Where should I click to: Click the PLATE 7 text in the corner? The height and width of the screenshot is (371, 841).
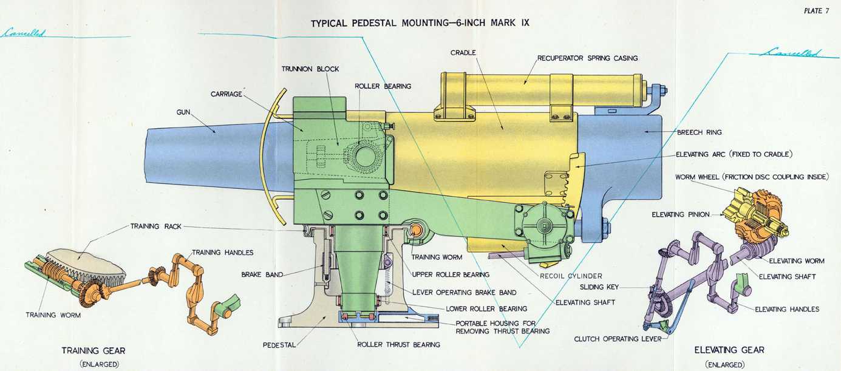(x=816, y=10)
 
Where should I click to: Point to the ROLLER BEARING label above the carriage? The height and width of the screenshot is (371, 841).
(x=383, y=86)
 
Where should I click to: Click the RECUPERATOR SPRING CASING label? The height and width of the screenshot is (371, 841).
(x=587, y=58)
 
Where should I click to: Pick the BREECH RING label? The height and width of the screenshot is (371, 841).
(x=700, y=132)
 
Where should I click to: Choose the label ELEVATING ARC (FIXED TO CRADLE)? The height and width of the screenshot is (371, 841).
(x=734, y=154)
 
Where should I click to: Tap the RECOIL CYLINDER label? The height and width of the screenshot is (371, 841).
(x=571, y=275)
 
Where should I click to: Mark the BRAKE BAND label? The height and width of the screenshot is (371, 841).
(x=262, y=274)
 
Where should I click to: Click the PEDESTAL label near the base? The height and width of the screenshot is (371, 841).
(x=279, y=345)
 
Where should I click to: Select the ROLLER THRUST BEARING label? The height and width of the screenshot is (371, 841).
(x=398, y=345)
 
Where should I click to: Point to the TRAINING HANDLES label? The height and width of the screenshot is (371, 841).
(x=223, y=252)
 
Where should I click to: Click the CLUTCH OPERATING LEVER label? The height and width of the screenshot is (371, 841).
(x=618, y=339)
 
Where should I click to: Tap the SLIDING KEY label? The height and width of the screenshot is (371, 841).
(x=599, y=287)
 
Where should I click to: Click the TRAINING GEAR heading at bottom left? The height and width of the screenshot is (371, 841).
(x=94, y=351)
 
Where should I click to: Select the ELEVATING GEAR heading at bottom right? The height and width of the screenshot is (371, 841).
(x=729, y=350)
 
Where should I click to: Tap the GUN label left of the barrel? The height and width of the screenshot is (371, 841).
(x=184, y=112)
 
